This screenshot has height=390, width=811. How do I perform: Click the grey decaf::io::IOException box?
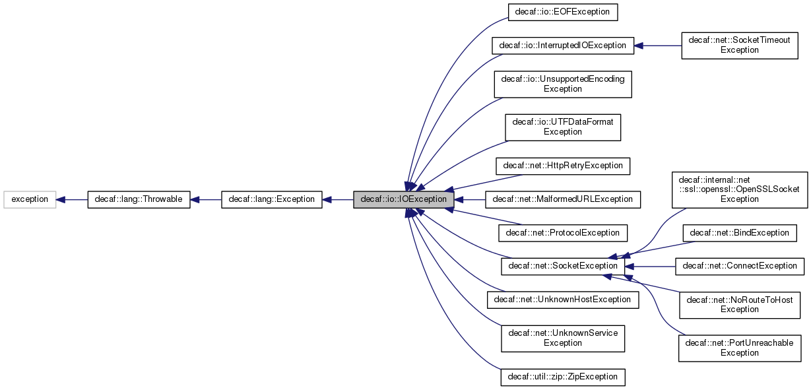[x=403, y=199]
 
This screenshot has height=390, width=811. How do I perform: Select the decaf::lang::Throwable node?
[x=139, y=199]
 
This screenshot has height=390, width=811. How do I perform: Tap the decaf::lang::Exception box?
[x=271, y=199]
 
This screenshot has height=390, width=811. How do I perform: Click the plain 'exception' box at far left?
[x=30, y=199]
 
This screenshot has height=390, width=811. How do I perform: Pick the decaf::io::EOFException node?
[x=563, y=12]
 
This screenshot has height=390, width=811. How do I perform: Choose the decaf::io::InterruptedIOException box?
[x=563, y=46]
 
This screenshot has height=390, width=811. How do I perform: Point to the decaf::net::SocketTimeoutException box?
[x=739, y=45]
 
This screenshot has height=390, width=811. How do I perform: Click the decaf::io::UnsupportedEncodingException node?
[x=563, y=84]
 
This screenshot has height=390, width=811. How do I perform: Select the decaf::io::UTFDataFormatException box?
[x=563, y=127]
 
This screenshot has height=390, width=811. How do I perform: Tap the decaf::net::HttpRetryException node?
[x=563, y=165]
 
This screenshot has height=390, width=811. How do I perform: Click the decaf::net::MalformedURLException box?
[x=563, y=199]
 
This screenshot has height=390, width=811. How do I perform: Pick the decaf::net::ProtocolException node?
[x=563, y=232]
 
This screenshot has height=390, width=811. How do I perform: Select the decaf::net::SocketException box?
[x=563, y=266]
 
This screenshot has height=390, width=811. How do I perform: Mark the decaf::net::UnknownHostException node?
[x=563, y=300]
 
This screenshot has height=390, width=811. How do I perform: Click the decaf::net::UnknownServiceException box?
[x=563, y=338]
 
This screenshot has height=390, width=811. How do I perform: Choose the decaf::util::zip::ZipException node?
[x=563, y=377]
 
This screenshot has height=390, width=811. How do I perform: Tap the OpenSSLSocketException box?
[x=739, y=189]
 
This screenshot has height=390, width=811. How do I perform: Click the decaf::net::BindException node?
[x=739, y=232]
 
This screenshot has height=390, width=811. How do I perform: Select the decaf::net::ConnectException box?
[x=739, y=266]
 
